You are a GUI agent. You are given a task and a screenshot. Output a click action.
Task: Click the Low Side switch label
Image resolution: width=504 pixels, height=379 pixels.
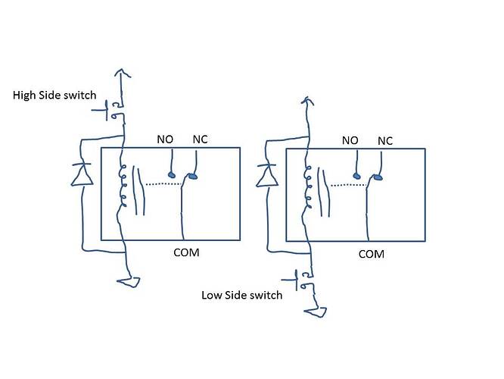tap(242, 295)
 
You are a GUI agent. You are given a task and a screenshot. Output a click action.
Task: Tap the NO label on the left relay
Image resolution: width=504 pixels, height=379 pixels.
tap(165, 139)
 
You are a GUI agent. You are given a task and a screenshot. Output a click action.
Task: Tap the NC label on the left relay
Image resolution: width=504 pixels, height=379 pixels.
tap(201, 139)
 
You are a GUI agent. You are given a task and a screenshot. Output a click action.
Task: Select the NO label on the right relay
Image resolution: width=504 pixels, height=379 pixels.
tap(350, 140)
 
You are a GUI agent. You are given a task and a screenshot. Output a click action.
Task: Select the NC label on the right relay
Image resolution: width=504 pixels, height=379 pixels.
tap(384, 140)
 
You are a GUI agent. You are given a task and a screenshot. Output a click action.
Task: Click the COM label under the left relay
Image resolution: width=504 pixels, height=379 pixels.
tap(186, 252)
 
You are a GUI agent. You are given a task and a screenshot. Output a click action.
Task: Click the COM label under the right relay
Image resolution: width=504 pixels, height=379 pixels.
tap(371, 254)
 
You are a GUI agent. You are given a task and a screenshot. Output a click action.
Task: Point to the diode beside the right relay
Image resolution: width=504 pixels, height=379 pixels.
tap(266, 177)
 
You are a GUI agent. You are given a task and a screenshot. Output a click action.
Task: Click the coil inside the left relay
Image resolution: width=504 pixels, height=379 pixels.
tap(121, 186)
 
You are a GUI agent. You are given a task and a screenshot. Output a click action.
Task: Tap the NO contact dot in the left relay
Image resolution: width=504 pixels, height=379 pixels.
tap(172, 176)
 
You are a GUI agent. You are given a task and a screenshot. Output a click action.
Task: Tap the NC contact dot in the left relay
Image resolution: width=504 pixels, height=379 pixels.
tap(193, 177)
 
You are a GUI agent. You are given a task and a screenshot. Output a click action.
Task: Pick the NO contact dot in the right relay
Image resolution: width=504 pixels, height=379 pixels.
tap(356, 176)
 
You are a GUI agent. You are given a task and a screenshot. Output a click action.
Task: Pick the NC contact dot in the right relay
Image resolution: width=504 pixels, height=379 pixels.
tap(376, 178)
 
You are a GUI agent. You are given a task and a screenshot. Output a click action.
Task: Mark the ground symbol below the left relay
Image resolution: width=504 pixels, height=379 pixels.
tap(129, 282)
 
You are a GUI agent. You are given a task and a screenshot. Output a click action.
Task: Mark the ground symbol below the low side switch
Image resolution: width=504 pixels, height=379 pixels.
tap(315, 311)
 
